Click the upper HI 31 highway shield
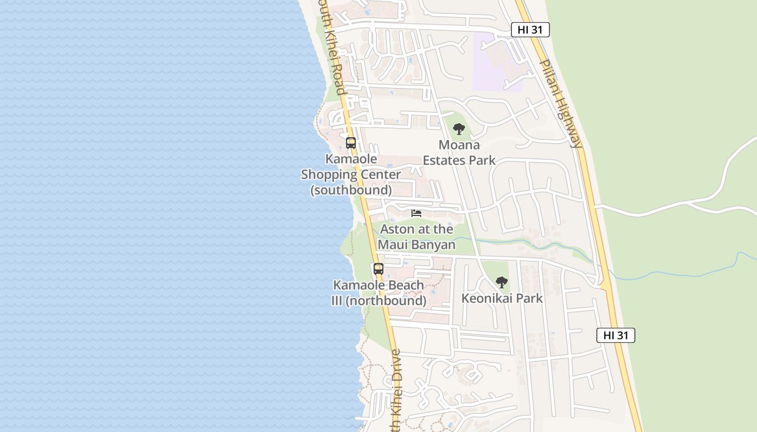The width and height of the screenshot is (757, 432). point(530,30)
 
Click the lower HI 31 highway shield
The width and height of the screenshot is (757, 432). point(615,335)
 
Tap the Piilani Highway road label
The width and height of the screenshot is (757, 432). point(561,103)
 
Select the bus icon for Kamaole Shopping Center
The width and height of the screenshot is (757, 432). point(351,143)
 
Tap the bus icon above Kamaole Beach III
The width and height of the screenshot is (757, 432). point(378,269)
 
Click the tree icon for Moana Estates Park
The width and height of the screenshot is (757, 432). point(459,129)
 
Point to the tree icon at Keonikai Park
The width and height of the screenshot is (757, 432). point(502,282)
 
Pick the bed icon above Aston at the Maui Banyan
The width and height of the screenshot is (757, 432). point(416,213)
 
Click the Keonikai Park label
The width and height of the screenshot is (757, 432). point(502,298)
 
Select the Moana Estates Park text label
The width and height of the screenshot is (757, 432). point(459,153)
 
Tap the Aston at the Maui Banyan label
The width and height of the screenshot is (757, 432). point(416,237)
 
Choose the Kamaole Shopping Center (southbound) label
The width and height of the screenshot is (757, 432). point(351,174)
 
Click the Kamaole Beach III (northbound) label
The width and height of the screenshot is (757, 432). point(378,293)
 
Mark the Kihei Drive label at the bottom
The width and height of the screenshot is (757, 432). point(395,391)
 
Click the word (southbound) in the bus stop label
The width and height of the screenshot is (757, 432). point(351,190)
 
